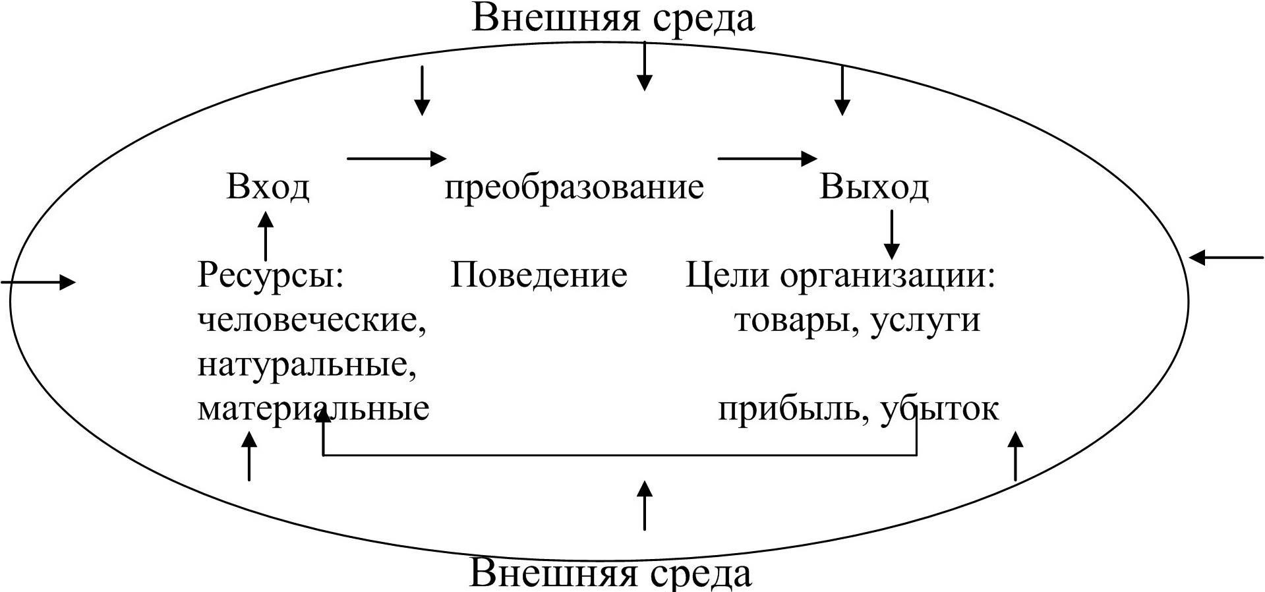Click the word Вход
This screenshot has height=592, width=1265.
[x=268, y=187]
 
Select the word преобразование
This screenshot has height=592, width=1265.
[x=574, y=187]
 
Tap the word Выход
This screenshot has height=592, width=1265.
[x=874, y=187]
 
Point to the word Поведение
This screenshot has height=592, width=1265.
[x=539, y=275]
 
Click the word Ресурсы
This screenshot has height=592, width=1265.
[x=271, y=275]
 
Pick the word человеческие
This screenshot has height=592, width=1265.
[x=312, y=321]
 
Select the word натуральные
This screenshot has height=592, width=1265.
[x=307, y=365]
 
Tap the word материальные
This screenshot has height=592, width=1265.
[x=313, y=409]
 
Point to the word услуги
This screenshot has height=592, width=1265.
[x=925, y=321]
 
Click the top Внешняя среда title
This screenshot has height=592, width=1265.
[x=613, y=18]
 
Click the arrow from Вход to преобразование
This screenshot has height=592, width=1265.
[x=396, y=158]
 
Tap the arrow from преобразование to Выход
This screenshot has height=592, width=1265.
[x=767, y=158]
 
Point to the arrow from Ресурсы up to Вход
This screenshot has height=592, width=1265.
[x=266, y=235]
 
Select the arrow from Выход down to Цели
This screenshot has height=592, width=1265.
[x=891, y=234]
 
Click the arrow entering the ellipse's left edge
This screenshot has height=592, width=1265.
[x=38, y=282]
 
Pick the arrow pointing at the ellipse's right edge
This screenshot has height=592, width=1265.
[x=1226, y=257]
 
